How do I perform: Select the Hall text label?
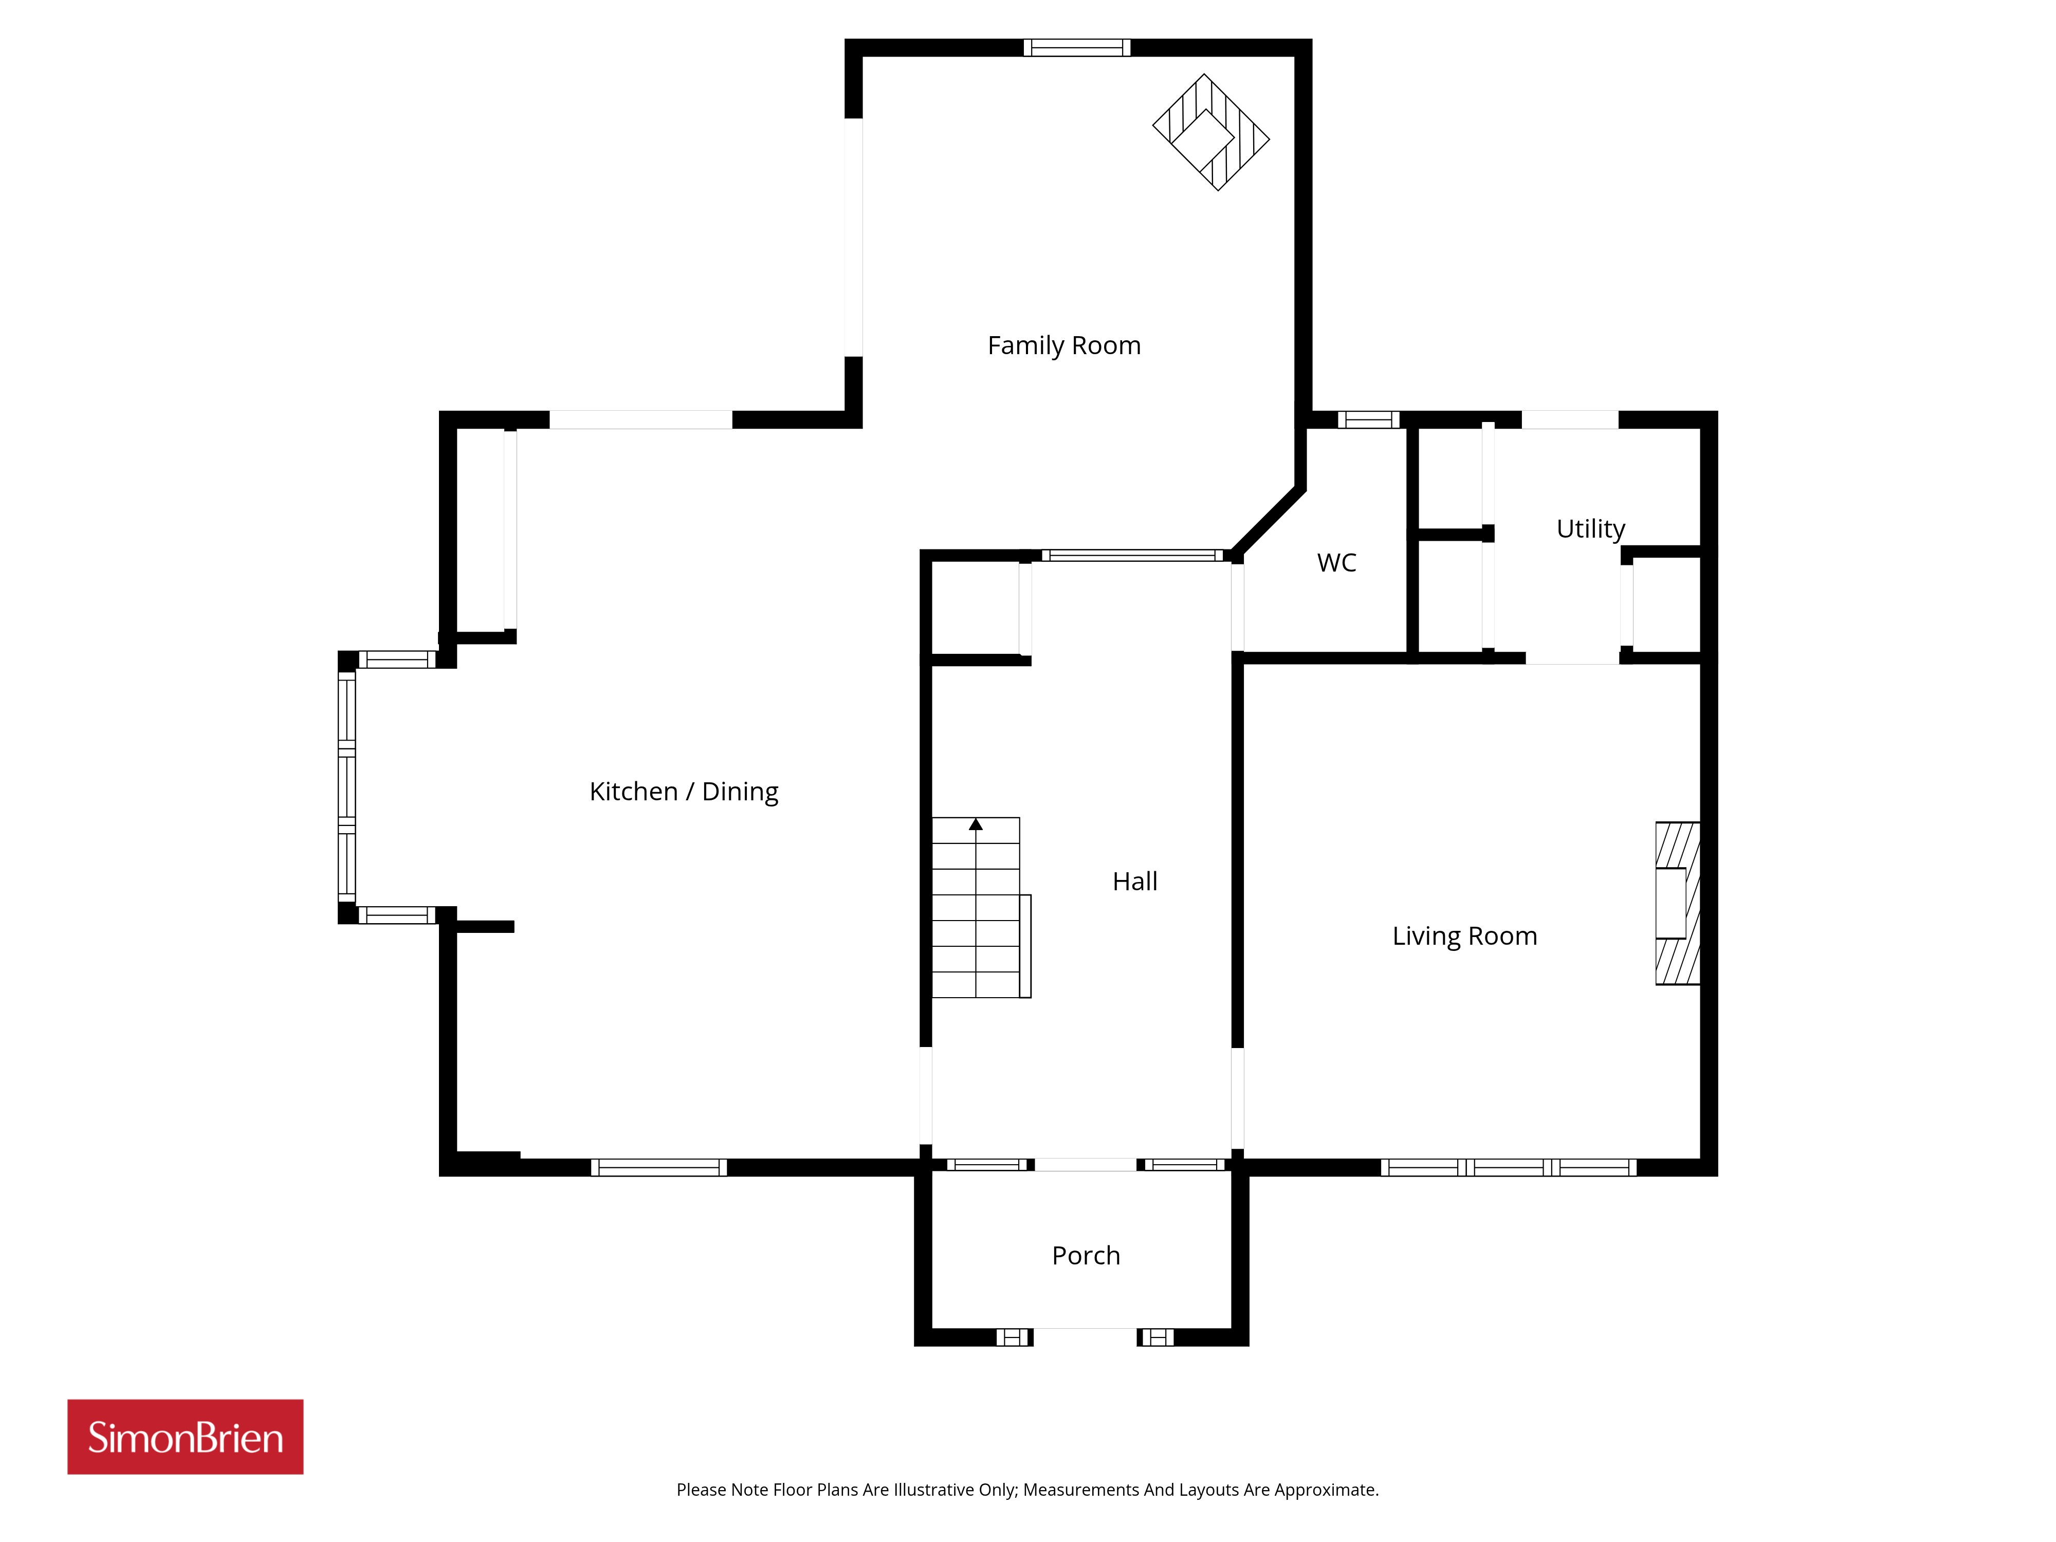[x=1135, y=881]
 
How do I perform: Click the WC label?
[x=1336, y=562]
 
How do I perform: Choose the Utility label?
[x=1590, y=529]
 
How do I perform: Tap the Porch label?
[x=1086, y=1256]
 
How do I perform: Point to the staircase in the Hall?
[x=981, y=907]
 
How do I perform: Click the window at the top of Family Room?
[x=1076, y=47]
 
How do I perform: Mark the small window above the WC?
[x=1368, y=419]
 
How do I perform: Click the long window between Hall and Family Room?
[x=1132, y=556]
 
